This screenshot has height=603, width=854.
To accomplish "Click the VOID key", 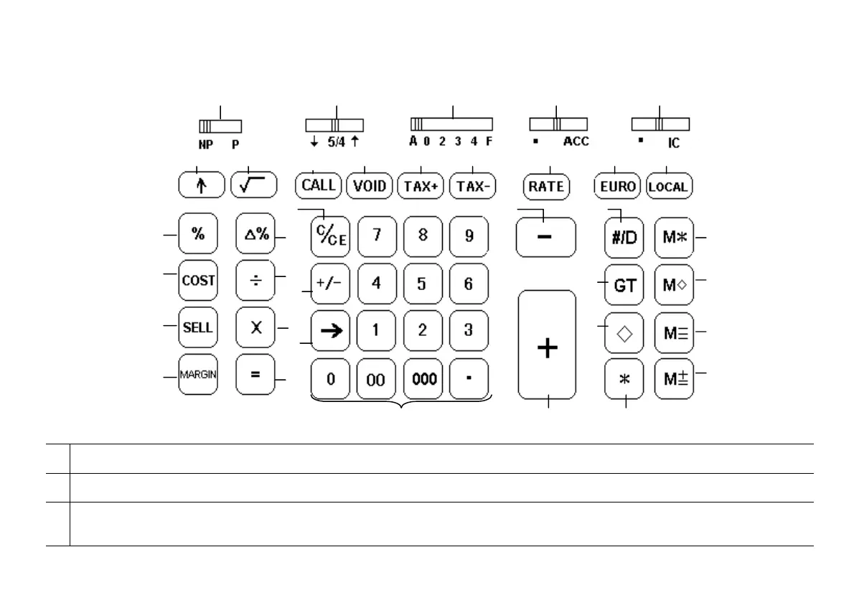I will click(x=370, y=187).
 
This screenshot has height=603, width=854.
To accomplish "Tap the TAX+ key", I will click(x=421, y=187).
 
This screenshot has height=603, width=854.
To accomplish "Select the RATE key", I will click(x=546, y=187).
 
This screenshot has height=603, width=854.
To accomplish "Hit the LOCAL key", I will click(x=669, y=187).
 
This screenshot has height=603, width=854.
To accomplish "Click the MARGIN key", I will click(x=198, y=374).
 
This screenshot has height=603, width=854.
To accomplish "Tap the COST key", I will click(x=198, y=281).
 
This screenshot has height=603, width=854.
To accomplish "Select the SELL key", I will click(x=198, y=327).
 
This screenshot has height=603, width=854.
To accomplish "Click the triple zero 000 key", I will click(x=425, y=379).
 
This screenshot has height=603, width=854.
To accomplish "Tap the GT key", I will click(x=624, y=285).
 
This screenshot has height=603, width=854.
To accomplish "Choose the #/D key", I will click(x=624, y=238).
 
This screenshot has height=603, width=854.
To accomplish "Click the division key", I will click(x=255, y=281).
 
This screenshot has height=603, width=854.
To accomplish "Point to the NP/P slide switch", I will click(x=220, y=126).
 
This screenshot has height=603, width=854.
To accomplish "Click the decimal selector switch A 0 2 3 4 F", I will click(x=451, y=123).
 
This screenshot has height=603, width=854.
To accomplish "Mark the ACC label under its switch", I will click(x=576, y=141).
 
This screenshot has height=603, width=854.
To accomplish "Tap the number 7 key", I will click(x=376, y=236).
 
